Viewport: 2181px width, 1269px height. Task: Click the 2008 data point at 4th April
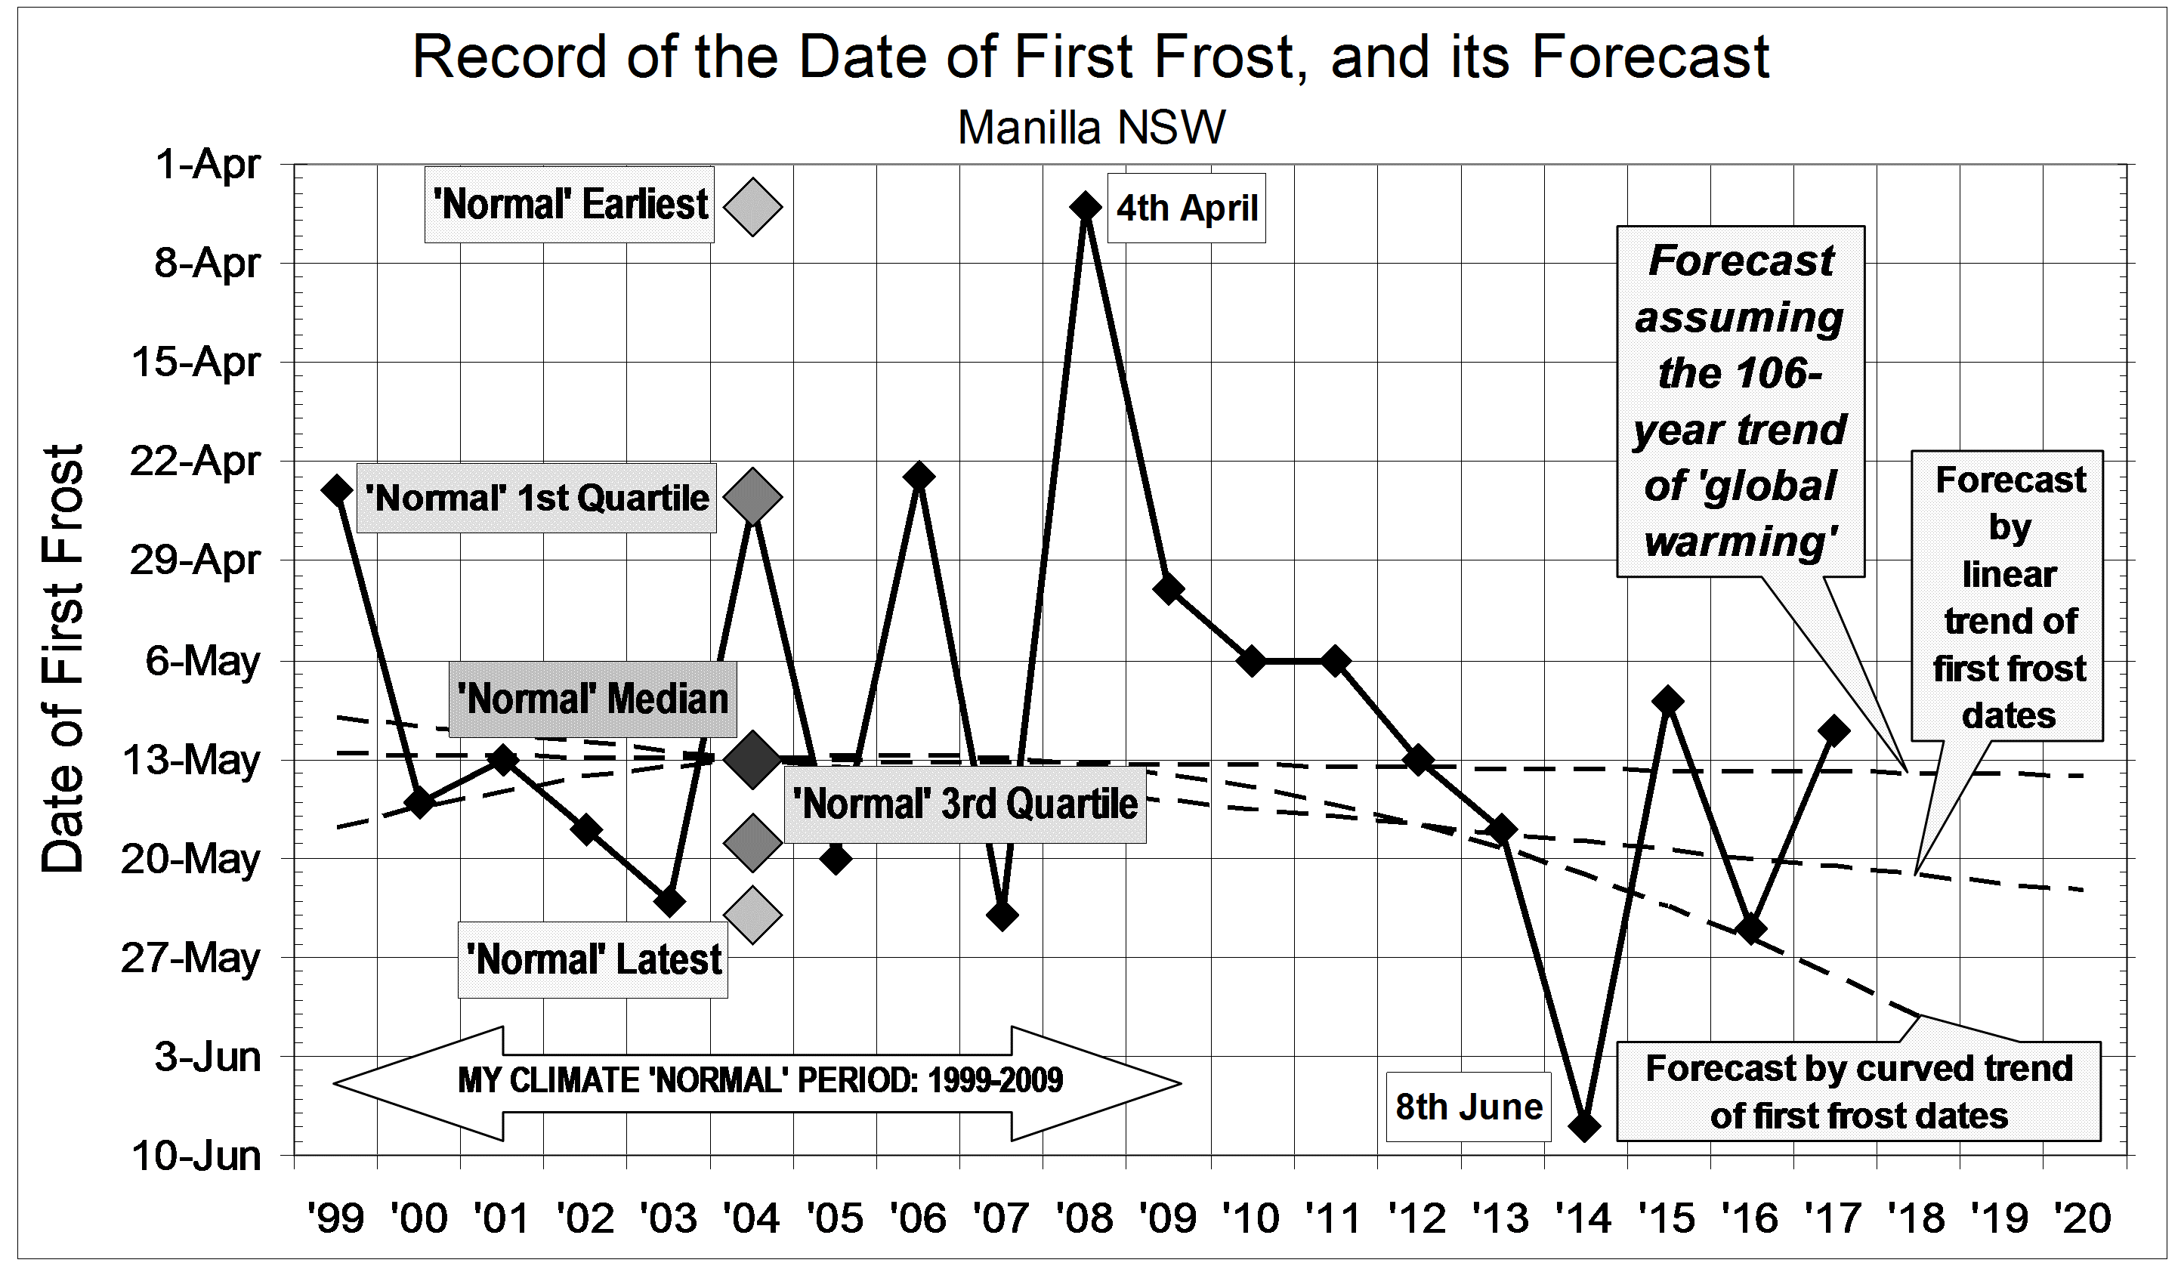point(1084,207)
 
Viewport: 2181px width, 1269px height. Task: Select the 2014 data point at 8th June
point(1585,1126)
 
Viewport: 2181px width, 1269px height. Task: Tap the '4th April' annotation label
point(1187,208)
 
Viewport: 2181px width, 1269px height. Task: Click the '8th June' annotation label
point(1468,1107)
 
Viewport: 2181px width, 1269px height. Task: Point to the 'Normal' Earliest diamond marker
point(752,207)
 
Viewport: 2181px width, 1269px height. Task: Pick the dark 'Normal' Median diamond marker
point(752,759)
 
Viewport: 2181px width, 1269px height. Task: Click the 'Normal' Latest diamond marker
point(752,914)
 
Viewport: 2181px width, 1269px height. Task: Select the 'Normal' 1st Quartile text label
point(536,498)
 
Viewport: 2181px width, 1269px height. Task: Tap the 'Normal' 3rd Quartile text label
point(965,804)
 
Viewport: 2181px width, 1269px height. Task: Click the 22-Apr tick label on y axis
point(195,461)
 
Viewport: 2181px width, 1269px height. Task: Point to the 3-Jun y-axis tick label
point(208,1056)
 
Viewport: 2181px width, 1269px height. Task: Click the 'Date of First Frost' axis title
point(63,658)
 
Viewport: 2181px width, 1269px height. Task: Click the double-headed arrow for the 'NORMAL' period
point(757,1082)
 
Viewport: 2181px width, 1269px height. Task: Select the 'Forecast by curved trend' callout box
point(1858,1091)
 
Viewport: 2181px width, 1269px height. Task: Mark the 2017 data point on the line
point(1833,730)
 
